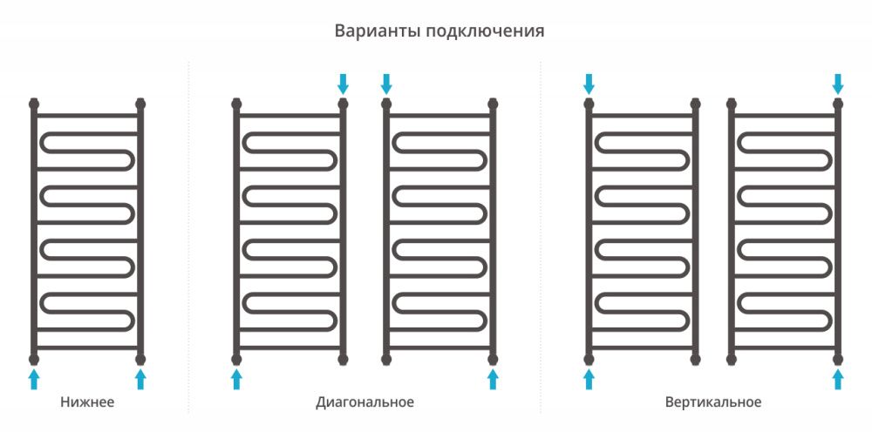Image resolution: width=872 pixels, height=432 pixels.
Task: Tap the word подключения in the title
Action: (x=486, y=32)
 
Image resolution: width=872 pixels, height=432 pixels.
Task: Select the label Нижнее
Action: (x=87, y=402)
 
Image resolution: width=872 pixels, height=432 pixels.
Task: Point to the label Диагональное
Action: (x=364, y=402)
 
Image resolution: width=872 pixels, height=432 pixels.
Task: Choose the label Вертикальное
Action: (x=713, y=402)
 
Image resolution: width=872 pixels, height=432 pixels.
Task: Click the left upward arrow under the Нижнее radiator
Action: (x=34, y=379)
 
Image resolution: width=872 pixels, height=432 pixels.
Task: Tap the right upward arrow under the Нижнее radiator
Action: (x=140, y=379)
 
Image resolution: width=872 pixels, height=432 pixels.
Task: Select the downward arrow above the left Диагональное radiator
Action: (x=343, y=84)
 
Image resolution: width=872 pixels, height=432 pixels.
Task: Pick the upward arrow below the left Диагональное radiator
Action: (x=236, y=379)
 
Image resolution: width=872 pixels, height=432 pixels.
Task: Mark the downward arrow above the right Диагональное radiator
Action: (x=386, y=84)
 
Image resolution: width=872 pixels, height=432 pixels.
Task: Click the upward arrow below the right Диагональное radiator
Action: (x=493, y=379)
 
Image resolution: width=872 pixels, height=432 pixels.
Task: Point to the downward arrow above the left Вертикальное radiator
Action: (x=589, y=84)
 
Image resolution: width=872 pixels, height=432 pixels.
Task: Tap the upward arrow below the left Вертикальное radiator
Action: (x=589, y=379)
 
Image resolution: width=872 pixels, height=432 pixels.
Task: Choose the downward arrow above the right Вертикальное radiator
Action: (x=838, y=84)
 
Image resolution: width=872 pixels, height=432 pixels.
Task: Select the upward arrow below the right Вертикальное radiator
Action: (x=838, y=379)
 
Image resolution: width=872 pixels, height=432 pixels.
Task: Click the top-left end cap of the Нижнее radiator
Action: (x=34, y=104)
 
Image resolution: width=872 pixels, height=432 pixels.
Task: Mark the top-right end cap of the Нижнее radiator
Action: (x=140, y=104)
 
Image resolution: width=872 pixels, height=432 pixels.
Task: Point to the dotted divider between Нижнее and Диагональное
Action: (x=188, y=238)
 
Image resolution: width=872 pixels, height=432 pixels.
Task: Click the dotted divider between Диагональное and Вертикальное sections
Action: (x=541, y=238)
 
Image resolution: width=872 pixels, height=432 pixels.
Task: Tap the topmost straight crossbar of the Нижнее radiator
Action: (x=87, y=116)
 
